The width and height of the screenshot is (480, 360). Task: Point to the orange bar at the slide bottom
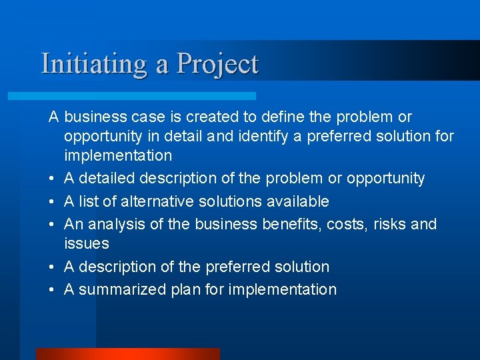click(127, 353)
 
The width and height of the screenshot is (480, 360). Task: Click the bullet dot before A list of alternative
click(53, 202)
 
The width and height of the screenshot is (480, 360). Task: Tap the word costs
click(348, 225)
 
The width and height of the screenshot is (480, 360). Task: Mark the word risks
click(389, 224)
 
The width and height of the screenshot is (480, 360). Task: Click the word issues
click(87, 244)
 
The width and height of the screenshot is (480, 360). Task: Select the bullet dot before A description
click(53, 267)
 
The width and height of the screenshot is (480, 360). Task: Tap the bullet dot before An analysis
click(53, 225)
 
